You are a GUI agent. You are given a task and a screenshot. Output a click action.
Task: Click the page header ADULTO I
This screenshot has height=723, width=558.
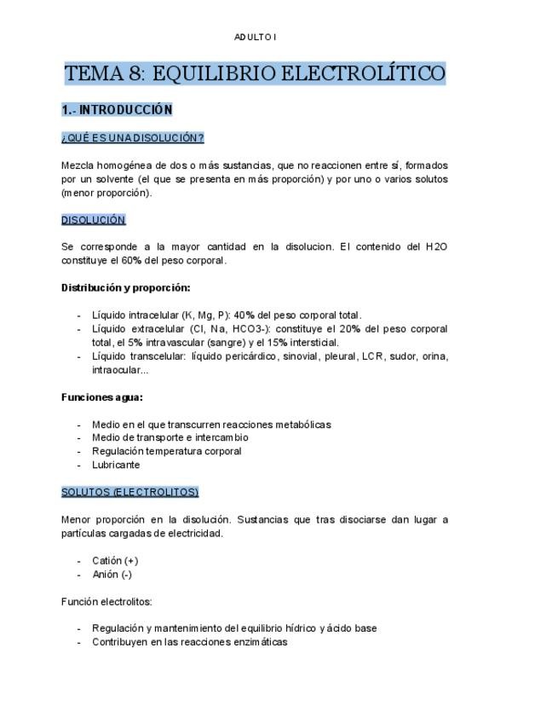256,37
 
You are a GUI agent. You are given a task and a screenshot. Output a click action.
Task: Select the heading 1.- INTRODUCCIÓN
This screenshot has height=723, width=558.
117,110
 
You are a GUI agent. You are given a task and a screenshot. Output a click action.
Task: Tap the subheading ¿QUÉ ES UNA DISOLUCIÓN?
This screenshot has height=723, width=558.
132,138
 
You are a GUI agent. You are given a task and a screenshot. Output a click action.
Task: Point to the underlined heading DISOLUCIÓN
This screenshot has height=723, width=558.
93,220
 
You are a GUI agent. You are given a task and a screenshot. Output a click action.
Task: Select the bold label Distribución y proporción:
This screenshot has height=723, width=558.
125,288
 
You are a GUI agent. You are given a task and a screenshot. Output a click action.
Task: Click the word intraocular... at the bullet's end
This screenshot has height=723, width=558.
120,370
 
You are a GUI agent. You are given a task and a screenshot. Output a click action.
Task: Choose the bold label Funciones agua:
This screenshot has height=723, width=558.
101,397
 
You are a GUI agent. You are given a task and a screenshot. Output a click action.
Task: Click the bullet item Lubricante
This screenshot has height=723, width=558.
116,466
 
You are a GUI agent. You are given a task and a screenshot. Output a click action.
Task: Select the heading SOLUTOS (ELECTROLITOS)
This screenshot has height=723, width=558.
129,493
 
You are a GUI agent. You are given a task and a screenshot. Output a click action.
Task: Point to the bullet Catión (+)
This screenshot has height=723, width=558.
115,561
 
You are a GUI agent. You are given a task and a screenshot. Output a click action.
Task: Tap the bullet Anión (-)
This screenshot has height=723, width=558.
112,575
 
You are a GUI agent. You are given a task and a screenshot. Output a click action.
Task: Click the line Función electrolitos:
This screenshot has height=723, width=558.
106,602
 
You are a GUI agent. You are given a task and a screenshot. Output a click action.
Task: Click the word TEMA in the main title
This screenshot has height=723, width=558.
94,73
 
